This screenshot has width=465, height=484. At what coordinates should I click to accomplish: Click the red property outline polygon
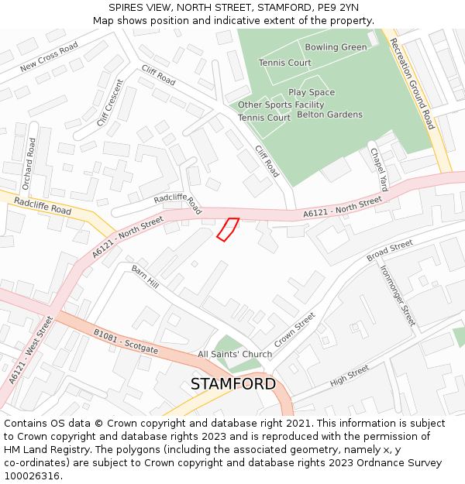click(227, 229)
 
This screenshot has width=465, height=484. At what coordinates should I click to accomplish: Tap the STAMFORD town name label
click(232, 384)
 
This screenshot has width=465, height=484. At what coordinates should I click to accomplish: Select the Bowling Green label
click(336, 47)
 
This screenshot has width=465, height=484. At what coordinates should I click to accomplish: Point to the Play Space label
click(312, 92)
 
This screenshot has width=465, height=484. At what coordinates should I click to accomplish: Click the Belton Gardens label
click(329, 115)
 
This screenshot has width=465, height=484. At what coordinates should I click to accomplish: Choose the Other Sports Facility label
click(281, 105)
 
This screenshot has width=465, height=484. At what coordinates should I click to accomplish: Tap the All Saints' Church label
click(235, 355)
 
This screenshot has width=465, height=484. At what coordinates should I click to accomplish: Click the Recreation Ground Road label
click(412, 84)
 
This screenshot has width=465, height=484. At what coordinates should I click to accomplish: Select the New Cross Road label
click(50, 57)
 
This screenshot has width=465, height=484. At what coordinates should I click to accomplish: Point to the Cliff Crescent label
click(110, 102)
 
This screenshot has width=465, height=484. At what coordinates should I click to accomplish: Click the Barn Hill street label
click(145, 277)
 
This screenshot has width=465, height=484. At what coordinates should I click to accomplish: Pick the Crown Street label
click(294, 330)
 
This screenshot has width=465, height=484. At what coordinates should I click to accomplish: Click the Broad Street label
click(390, 250)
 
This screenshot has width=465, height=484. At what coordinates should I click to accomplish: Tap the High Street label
click(350, 376)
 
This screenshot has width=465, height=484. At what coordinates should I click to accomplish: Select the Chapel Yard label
click(378, 170)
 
